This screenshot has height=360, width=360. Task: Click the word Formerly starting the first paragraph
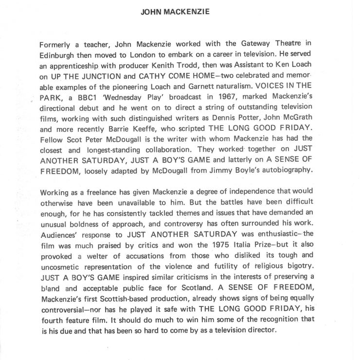55,45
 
